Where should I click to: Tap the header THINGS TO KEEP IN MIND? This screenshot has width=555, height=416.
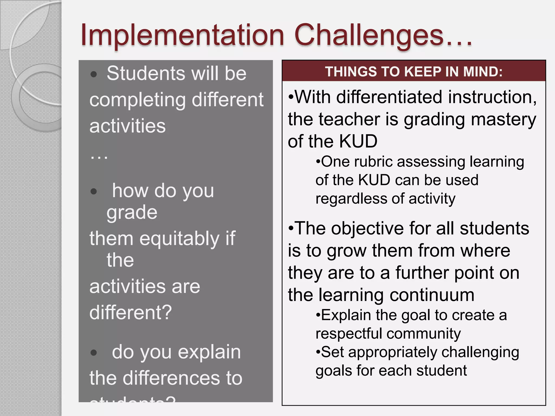(x=414, y=72)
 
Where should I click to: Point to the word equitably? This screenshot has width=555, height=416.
(x=179, y=239)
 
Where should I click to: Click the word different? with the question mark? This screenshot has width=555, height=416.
(x=131, y=312)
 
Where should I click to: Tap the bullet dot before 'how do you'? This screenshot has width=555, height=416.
(x=94, y=192)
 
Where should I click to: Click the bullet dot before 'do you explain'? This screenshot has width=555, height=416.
(x=94, y=353)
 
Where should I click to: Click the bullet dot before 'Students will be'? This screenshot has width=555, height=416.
(x=94, y=74)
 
